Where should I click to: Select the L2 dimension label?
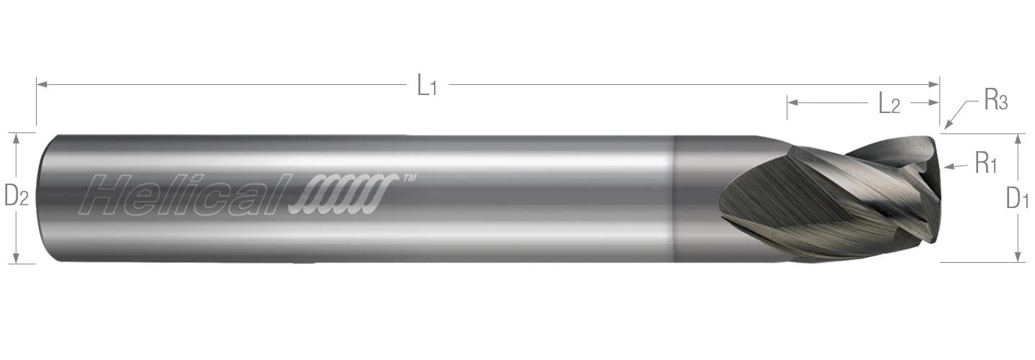pos(890,104)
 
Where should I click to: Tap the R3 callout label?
pos(995,102)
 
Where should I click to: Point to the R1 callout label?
pos(985,165)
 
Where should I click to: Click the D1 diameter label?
pos(1017,198)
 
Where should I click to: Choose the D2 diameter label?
pos(16,196)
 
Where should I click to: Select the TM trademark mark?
pos(407,178)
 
